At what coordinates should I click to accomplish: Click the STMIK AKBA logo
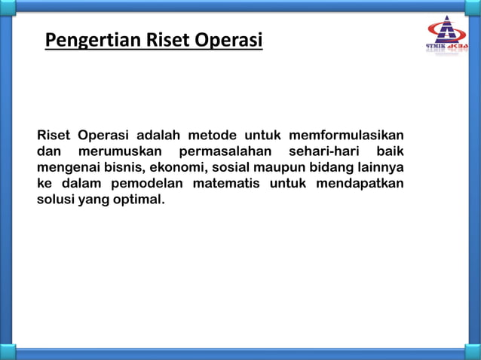[447, 37]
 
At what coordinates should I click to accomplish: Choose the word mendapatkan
[361, 185]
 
